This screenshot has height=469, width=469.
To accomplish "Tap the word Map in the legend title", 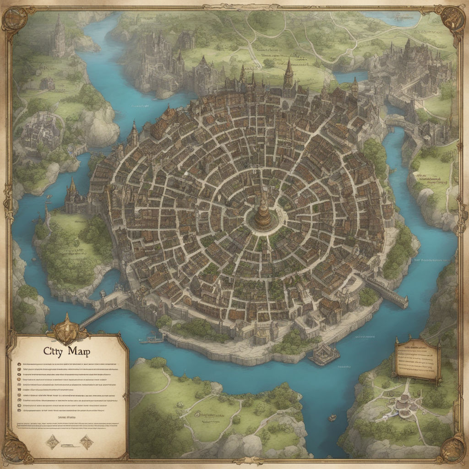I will pos(79,351).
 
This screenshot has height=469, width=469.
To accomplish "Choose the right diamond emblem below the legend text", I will pos(86,442).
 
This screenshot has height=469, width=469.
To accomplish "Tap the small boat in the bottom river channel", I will pos(332,418).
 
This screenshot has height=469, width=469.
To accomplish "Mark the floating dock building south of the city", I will pos(324,354).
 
